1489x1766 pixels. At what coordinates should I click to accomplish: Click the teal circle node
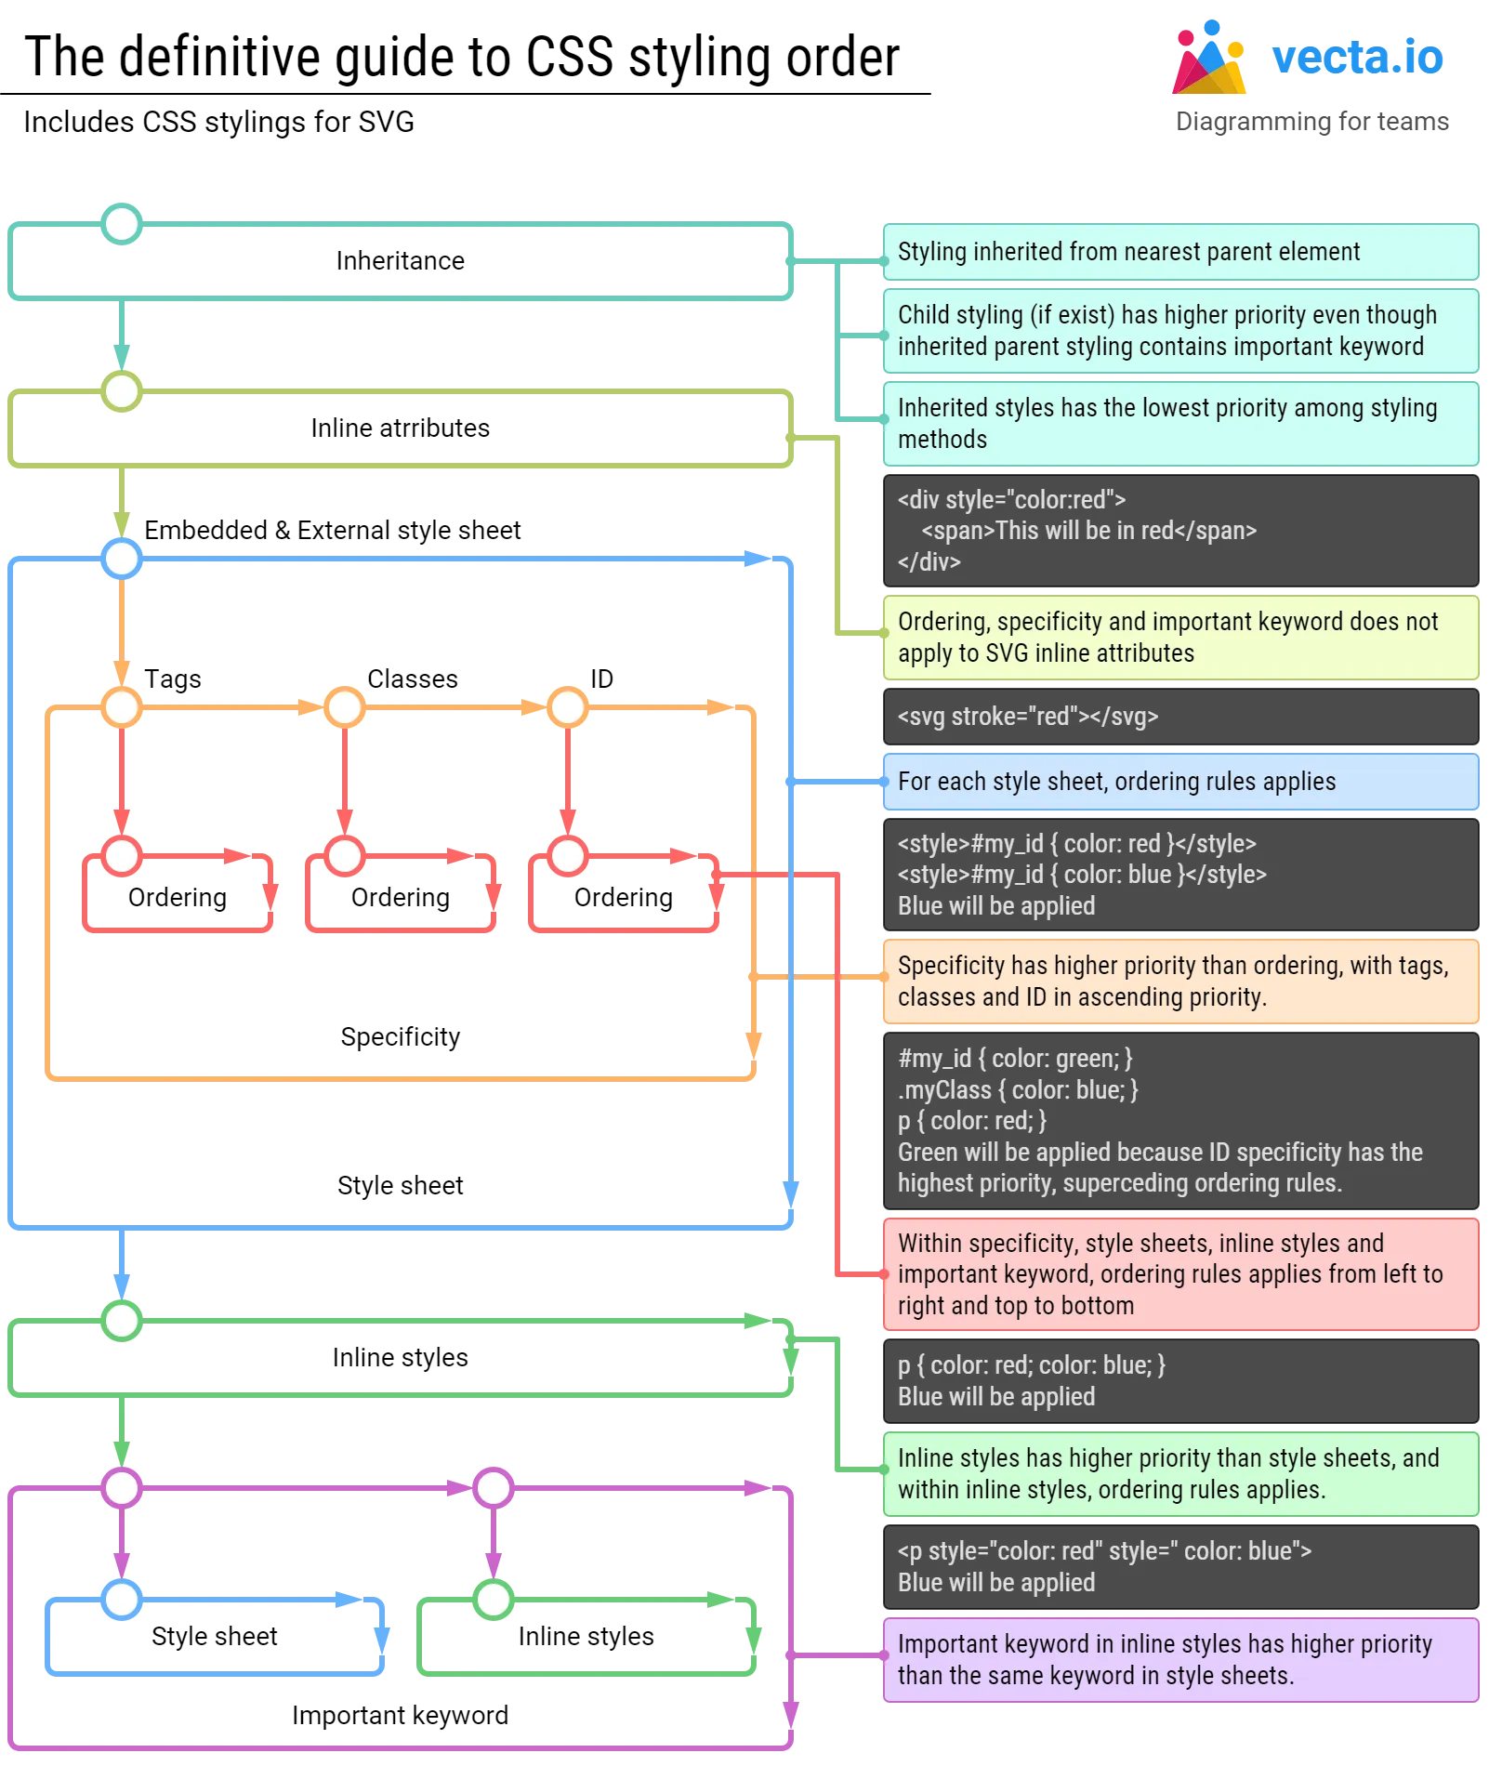(x=122, y=224)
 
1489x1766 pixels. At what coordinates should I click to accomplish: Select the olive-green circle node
(x=122, y=391)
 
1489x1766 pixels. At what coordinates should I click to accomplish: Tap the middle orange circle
(x=345, y=707)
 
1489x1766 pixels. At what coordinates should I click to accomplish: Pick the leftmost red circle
(x=122, y=856)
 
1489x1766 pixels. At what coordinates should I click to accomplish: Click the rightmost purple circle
(x=494, y=1488)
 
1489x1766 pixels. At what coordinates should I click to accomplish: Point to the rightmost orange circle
(x=568, y=707)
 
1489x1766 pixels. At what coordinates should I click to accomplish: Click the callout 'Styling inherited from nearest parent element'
(x=1179, y=252)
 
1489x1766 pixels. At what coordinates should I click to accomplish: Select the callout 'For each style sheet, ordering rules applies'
(x=1179, y=782)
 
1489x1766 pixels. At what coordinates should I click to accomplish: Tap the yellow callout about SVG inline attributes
(x=1179, y=638)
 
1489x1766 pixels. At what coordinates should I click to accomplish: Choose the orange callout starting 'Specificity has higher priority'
(x=1179, y=982)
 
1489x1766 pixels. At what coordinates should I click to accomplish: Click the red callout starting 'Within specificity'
(x=1179, y=1274)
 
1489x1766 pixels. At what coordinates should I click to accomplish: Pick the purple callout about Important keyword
(x=1179, y=1660)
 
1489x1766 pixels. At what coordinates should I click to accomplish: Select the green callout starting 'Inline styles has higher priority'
(x=1179, y=1474)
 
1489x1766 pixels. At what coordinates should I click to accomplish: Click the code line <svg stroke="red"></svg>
(x=1028, y=717)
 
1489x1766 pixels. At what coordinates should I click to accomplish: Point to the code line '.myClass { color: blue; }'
(x=1018, y=1089)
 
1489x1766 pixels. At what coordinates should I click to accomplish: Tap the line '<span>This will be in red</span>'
(x=1088, y=531)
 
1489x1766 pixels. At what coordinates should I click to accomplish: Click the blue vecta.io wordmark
(x=1359, y=58)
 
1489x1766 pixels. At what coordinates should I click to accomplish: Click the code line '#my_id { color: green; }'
(x=1015, y=1059)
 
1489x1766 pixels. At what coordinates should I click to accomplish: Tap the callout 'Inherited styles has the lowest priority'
(x=1179, y=424)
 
